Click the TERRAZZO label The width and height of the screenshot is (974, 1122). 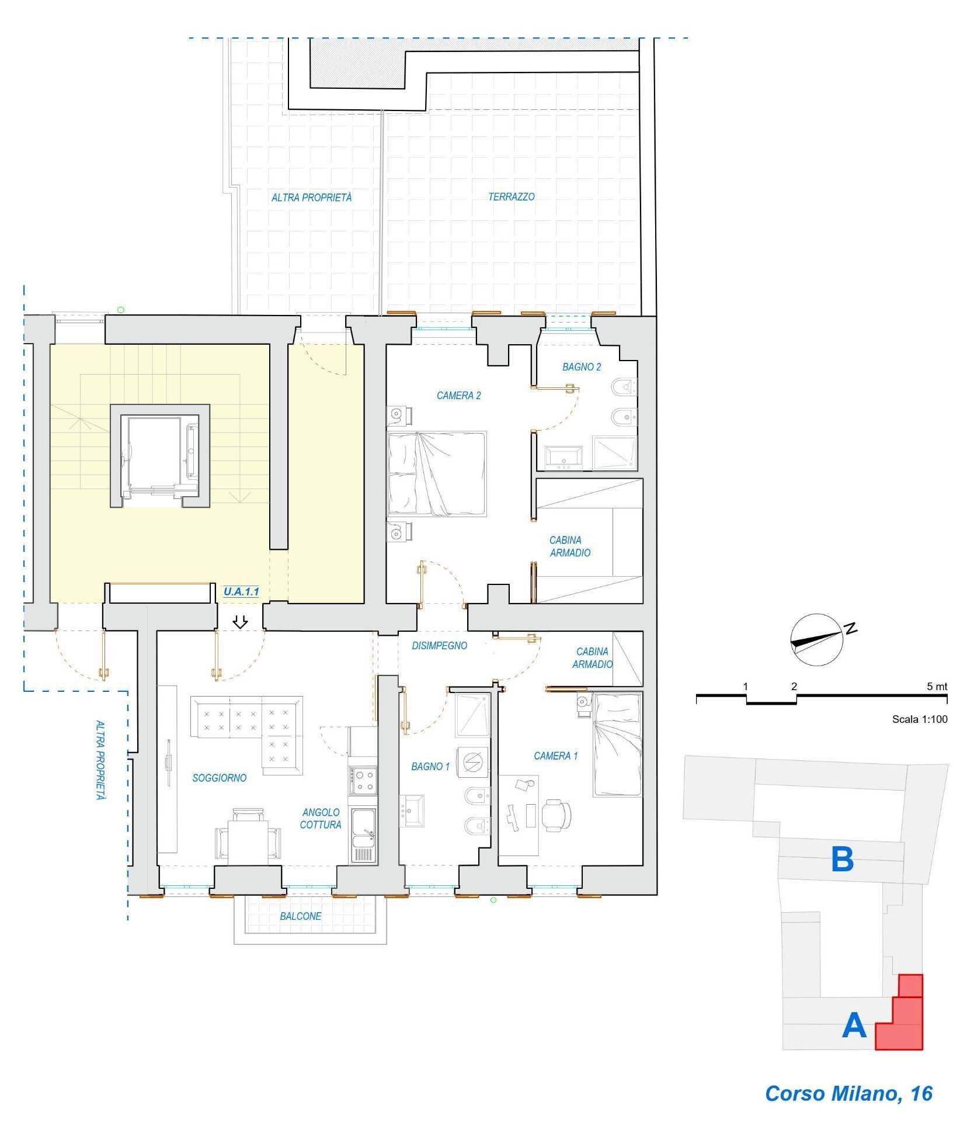click(512, 197)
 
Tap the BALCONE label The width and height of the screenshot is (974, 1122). click(300, 916)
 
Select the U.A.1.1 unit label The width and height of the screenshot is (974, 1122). click(241, 591)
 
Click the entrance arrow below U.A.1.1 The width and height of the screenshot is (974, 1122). click(240, 622)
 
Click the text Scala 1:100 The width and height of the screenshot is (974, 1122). click(920, 719)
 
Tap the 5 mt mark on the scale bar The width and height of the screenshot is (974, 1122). click(937, 687)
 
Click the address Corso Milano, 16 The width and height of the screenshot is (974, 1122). click(849, 1093)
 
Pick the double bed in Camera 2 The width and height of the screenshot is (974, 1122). click(437, 474)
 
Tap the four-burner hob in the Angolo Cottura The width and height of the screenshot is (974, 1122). click(363, 781)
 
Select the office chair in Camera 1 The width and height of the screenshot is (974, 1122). click(555, 814)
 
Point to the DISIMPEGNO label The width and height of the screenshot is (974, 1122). click(440, 646)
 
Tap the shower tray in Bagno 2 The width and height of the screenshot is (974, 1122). click(614, 453)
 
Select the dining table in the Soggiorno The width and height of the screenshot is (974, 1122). click(247, 842)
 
